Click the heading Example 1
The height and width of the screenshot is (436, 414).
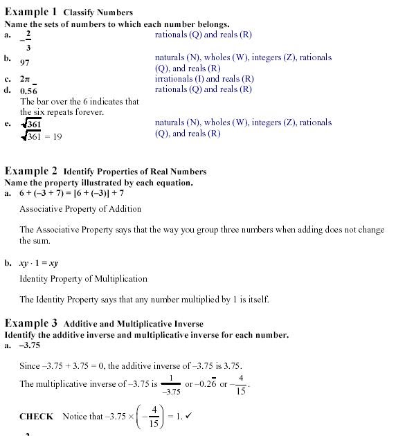(31, 12)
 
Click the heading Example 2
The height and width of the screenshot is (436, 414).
(31, 170)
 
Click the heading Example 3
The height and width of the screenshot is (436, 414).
(31, 323)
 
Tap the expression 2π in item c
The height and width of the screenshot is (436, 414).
(26, 79)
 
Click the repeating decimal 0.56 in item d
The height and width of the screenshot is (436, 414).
(28, 91)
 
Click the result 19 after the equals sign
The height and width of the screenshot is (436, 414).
(57, 136)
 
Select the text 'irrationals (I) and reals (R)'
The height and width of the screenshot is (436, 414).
(204, 79)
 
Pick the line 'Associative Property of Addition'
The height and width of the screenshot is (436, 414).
(80, 209)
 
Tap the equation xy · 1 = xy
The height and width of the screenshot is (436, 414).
(39, 263)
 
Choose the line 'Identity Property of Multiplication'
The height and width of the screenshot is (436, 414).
(83, 279)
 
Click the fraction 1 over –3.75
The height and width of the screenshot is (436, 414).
(170, 384)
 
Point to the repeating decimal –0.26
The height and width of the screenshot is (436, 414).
(207, 384)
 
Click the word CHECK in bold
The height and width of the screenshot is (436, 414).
(36, 417)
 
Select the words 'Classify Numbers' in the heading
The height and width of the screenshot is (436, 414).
(98, 12)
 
